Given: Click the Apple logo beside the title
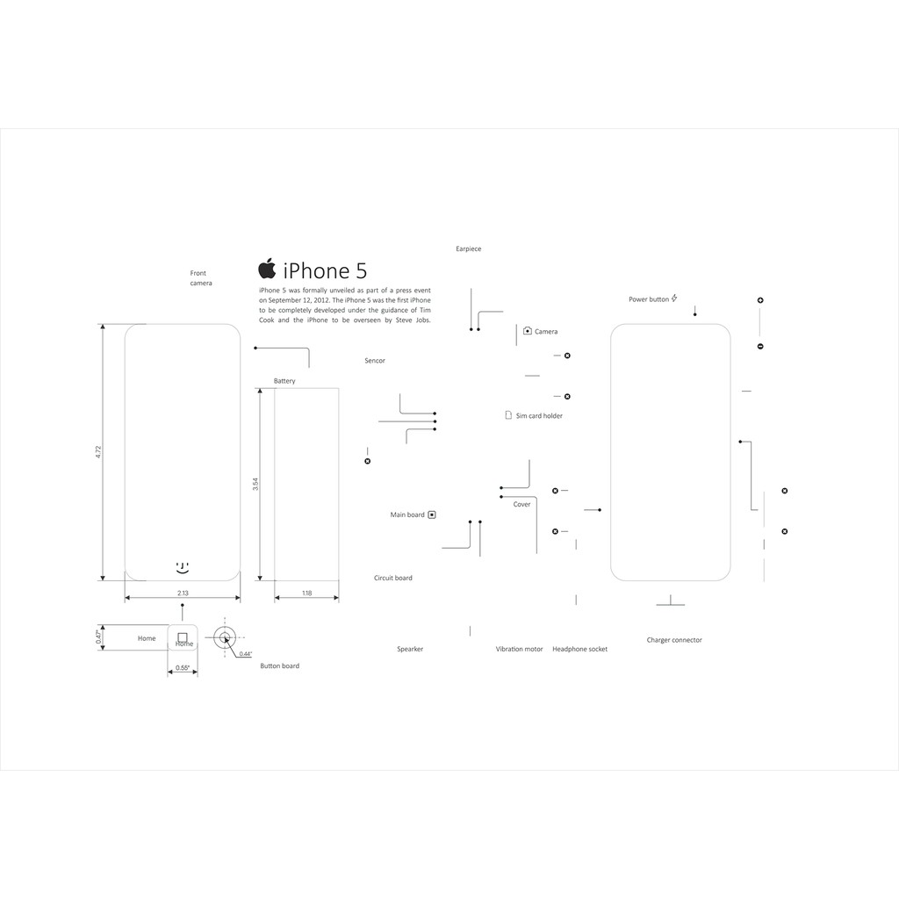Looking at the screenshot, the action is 267,269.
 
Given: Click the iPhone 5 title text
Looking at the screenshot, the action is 325,270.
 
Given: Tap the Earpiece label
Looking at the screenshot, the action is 469,248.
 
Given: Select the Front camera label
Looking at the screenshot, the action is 201,278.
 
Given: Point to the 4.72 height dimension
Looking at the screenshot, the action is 98,452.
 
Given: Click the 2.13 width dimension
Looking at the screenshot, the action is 183,593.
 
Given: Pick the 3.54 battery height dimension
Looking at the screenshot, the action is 255,484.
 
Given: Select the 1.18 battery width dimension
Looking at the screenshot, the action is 306,593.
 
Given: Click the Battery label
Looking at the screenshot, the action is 284,381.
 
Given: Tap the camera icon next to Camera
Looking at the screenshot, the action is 528,331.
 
